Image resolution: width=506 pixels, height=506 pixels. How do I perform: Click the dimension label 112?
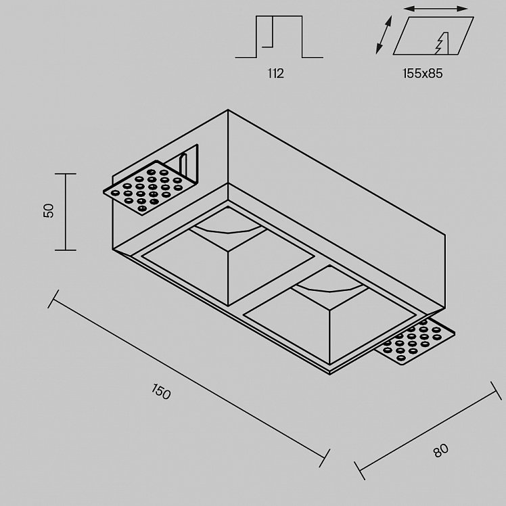[x=275, y=74]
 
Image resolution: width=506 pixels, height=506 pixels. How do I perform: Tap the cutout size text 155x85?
[x=423, y=74]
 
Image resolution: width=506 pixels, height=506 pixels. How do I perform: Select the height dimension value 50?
[x=49, y=211]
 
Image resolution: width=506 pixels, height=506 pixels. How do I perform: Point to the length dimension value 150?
[x=161, y=392]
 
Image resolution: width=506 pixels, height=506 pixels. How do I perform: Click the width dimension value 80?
[x=441, y=451]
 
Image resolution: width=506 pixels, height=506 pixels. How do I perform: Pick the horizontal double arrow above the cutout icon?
[x=436, y=9]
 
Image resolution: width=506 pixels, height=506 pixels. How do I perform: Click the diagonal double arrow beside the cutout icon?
[x=384, y=34]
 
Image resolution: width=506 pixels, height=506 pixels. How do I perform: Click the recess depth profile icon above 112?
[x=279, y=37]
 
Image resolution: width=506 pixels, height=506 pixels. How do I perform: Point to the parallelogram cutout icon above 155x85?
[x=433, y=35]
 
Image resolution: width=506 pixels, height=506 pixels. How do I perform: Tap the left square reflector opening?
[x=228, y=256]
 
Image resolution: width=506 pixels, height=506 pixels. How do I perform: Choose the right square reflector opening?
[x=329, y=314]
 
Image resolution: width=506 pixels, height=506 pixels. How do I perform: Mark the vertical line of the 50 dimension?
[x=66, y=212]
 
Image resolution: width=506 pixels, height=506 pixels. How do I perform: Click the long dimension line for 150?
[x=189, y=379]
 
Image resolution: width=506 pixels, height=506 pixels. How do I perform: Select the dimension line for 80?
[x=428, y=431]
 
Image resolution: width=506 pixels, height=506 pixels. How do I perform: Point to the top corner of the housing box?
[x=228, y=110]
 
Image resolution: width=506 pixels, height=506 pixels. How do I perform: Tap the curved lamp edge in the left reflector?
[x=228, y=230]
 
